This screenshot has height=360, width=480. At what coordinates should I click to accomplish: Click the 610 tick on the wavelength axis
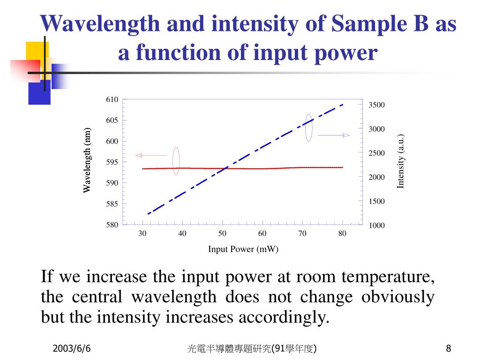pyautogui.click(x=112, y=99)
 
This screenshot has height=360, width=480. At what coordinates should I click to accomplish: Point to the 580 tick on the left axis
pyautogui.click(x=112, y=225)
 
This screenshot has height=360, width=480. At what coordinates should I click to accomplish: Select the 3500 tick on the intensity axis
pyautogui.click(x=376, y=105)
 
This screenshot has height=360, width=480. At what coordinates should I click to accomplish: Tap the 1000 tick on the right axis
pyautogui.click(x=376, y=225)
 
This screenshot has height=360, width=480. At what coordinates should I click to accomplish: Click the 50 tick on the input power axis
pyautogui.click(x=222, y=234)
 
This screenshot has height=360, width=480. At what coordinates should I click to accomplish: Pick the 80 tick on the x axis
pyautogui.click(x=342, y=234)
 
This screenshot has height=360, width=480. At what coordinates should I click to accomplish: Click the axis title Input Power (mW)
pyautogui.click(x=243, y=249)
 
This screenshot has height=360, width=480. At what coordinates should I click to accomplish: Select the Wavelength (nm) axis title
pyautogui.click(x=87, y=160)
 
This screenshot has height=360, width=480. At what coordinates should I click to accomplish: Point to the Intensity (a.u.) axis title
pyautogui.click(x=400, y=161)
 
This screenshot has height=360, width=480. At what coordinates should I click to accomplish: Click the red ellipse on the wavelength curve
pyautogui.click(x=176, y=161)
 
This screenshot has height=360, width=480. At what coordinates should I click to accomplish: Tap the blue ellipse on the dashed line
pyautogui.click(x=308, y=127)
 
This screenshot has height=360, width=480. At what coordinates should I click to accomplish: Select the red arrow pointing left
pyautogui.click(x=151, y=155)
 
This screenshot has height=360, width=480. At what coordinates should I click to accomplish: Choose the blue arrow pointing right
pyautogui.click(x=334, y=135)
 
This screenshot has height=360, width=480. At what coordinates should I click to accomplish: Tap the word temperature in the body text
pyautogui.click(x=388, y=277)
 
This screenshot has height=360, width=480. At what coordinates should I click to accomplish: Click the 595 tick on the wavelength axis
pyautogui.click(x=112, y=162)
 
